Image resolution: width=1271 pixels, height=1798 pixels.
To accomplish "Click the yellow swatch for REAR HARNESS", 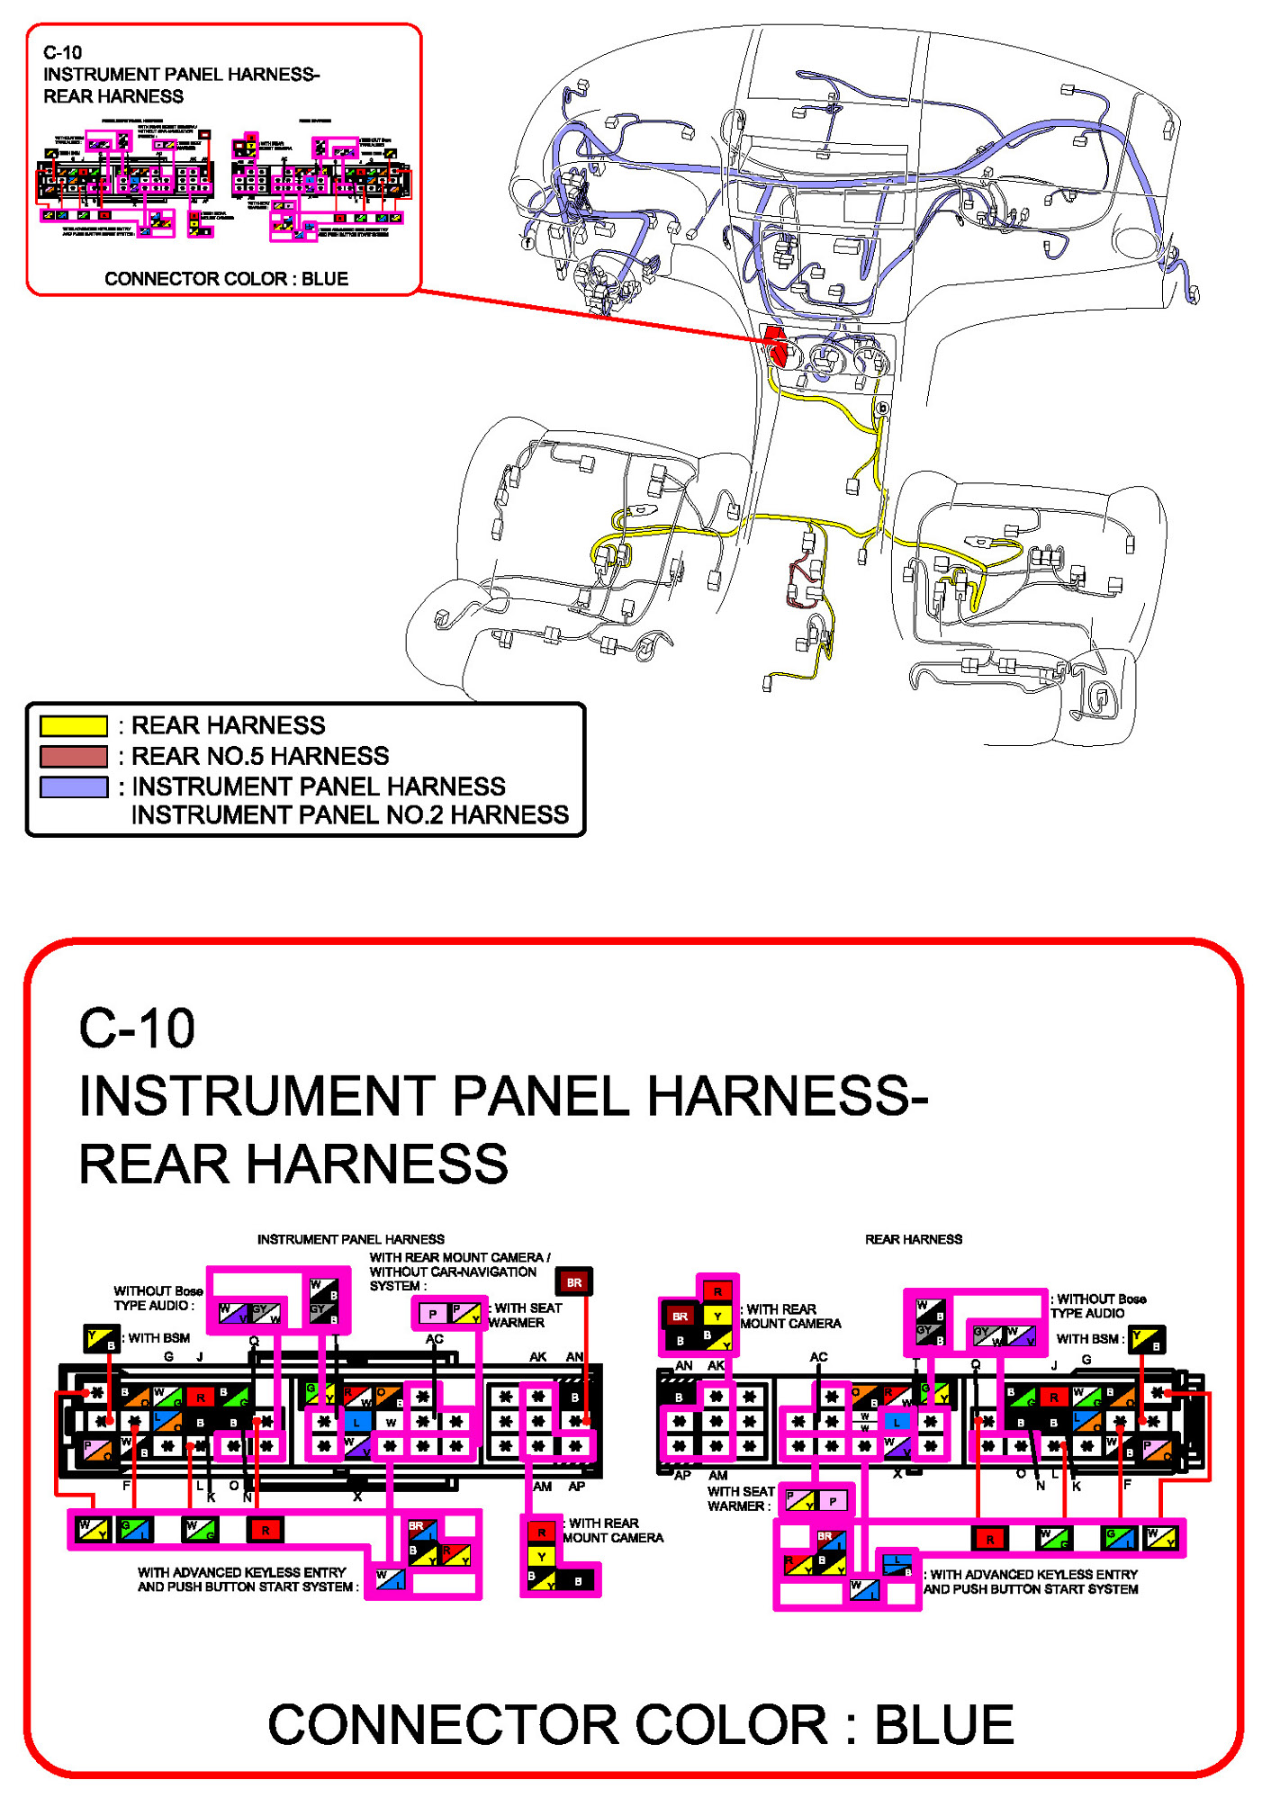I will tap(74, 725).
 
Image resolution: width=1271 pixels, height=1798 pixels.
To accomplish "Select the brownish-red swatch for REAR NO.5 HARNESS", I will tap(74, 756).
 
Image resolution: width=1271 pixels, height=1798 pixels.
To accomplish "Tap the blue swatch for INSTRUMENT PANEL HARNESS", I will tap(74, 787).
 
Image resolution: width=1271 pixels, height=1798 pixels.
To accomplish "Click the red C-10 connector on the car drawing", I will tap(776, 345).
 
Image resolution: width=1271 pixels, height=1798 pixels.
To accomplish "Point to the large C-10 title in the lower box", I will tap(137, 1028).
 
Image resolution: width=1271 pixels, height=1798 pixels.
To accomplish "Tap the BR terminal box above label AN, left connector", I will tap(573, 1282).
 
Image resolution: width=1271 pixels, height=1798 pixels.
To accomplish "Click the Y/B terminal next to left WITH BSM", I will tap(101, 1338).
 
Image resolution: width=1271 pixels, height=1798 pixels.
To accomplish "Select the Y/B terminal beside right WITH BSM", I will tap(1147, 1339).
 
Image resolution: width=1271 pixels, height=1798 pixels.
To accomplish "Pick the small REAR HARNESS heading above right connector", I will tap(913, 1239).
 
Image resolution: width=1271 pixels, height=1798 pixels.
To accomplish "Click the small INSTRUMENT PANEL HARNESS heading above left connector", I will tap(350, 1239).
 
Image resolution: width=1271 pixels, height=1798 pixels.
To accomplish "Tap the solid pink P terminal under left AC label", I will tap(433, 1314).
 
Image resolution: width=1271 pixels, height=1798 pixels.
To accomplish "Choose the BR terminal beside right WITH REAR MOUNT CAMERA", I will tap(680, 1316).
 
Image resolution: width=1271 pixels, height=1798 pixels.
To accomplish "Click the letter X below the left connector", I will tap(357, 1497).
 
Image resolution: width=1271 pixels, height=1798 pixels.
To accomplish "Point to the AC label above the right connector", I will tap(817, 1357).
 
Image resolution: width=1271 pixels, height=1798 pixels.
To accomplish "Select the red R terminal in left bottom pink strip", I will tap(265, 1529).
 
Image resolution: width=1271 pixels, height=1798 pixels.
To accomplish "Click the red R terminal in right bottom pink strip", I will tap(989, 1539).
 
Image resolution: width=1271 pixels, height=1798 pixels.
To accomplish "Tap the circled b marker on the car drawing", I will tap(882, 408).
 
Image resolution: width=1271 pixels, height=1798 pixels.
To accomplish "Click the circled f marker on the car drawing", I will tap(527, 242).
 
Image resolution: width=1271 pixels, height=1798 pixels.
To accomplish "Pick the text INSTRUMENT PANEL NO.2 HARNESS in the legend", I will tap(350, 814).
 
